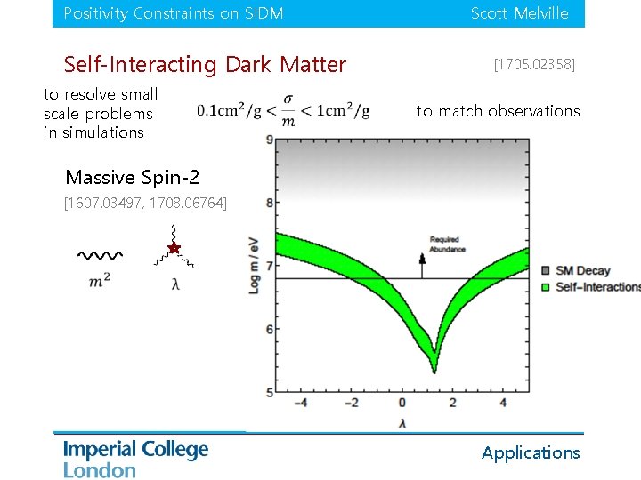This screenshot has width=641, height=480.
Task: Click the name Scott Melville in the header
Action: (x=519, y=13)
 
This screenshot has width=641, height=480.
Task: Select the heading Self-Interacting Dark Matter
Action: (x=205, y=65)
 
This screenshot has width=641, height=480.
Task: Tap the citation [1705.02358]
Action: (x=534, y=65)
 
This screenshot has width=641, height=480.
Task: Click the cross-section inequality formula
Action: (x=283, y=110)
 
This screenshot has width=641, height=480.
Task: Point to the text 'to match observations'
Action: (x=498, y=111)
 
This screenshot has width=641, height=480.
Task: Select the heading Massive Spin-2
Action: (x=126, y=177)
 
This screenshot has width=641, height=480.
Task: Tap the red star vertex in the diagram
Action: (x=174, y=248)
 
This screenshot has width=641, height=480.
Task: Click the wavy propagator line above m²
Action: (x=100, y=255)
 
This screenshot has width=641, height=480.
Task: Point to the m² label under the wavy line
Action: (x=100, y=281)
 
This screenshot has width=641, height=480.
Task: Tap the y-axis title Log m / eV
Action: (x=255, y=265)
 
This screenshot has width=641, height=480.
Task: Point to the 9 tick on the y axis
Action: (x=269, y=140)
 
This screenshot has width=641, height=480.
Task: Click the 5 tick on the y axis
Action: (x=269, y=392)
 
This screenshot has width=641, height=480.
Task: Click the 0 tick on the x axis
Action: (x=402, y=403)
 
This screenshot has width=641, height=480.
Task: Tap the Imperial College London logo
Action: (x=135, y=458)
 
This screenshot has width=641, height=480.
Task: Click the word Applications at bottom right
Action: (x=531, y=452)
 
